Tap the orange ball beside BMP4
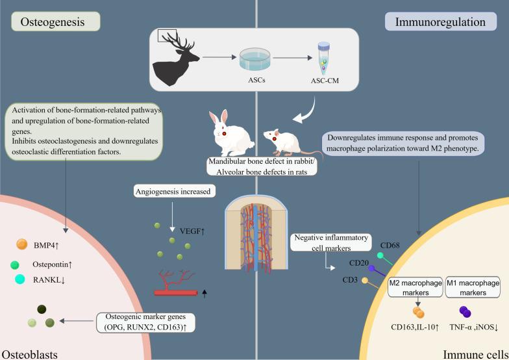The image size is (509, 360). [x=22, y=245]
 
